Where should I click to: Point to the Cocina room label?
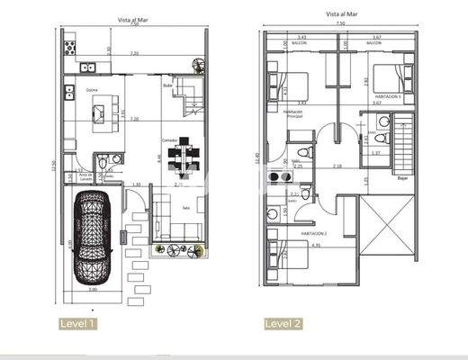pos(92,91)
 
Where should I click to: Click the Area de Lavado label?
pos(85,177)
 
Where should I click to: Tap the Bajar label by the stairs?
pos(401,178)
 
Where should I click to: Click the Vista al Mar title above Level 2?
pos(342,15)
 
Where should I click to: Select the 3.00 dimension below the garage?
pos(92,290)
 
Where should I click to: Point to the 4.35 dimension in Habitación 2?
pos(316,246)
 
